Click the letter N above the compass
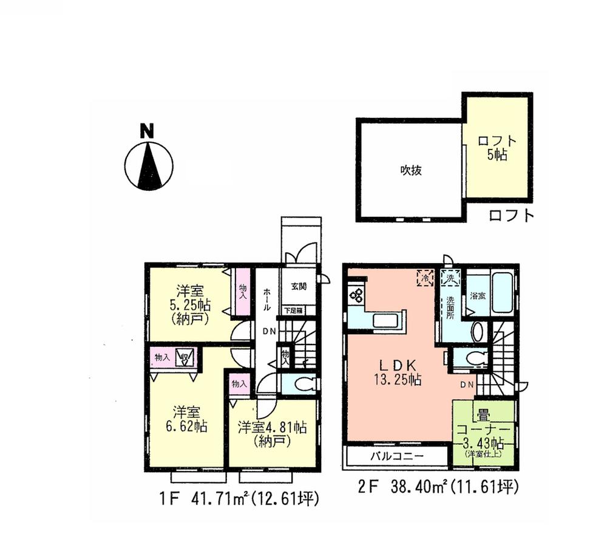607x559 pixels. pos(147,130)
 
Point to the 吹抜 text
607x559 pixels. pos(410,171)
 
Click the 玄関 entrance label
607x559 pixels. pos(299,287)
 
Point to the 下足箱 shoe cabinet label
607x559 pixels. pos(294,310)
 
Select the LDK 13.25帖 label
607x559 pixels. pos(397,372)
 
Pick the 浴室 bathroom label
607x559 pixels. pos(478,296)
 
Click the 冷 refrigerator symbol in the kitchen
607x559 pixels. pos(424,278)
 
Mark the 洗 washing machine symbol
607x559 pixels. pos(451,278)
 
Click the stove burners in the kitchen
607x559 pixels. pos(356,297)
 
